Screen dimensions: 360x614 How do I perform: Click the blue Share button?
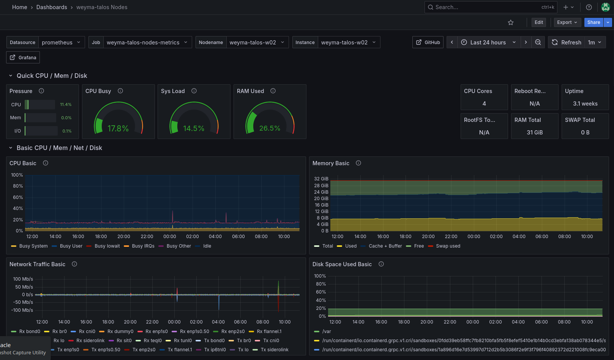pyautogui.click(x=593, y=22)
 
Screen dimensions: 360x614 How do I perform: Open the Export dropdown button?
pyautogui.click(x=567, y=22)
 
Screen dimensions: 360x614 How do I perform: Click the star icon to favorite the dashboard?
pyautogui.click(x=511, y=22)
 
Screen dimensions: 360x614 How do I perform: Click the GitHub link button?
pyautogui.click(x=428, y=43)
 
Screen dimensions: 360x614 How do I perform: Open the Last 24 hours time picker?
pyautogui.click(x=489, y=43)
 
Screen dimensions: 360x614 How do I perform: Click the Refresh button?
pyautogui.click(x=567, y=43)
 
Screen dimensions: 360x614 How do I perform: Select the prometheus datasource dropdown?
pyautogui.click(x=61, y=43)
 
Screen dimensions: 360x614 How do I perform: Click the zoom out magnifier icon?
pyautogui.click(x=538, y=43)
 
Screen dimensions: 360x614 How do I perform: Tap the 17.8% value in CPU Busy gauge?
pyautogui.click(x=118, y=129)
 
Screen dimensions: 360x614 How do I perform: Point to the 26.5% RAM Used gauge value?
pyautogui.click(x=270, y=128)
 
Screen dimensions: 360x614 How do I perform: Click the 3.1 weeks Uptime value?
pyautogui.click(x=585, y=104)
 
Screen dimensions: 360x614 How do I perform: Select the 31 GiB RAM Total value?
pyautogui.click(x=535, y=133)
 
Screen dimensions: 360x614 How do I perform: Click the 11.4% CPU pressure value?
pyautogui.click(x=66, y=104)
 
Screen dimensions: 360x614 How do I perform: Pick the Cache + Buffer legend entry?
pyautogui.click(x=385, y=246)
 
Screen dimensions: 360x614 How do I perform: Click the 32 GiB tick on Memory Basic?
pyautogui.click(x=321, y=179)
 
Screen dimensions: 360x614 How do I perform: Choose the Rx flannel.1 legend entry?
pyautogui.click(x=269, y=332)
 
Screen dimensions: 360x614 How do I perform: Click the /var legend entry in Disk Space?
pyautogui.click(x=327, y=332)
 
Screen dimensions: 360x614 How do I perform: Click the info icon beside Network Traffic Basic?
pyautogui.click(x=74, y=264)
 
